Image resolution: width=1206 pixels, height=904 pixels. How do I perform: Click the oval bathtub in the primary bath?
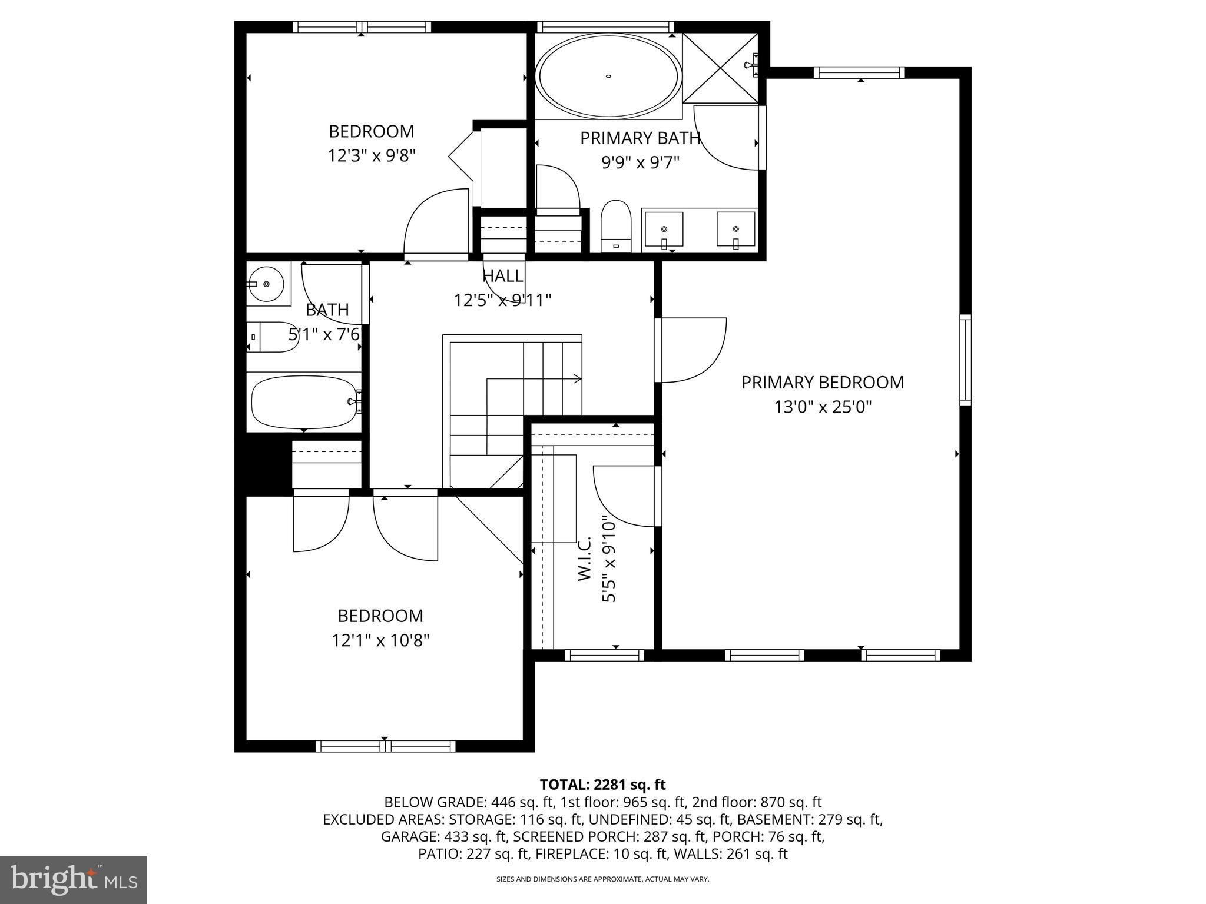(608, 75)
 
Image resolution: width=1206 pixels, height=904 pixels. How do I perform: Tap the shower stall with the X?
(720, 68)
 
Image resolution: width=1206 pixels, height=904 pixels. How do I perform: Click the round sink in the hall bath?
(267, 284)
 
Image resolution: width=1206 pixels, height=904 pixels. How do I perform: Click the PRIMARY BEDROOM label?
(822, 383)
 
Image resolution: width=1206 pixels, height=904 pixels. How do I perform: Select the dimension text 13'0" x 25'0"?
(822, 407)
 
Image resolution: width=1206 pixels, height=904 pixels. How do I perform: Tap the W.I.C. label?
(584, 559)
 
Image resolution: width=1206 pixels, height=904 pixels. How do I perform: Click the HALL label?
(502, 276)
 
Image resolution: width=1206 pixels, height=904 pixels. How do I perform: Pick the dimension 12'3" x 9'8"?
(372, 156)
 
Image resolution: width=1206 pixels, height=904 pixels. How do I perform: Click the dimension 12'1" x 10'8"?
(380, 640)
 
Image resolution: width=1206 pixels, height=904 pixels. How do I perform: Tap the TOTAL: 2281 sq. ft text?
(602, 785)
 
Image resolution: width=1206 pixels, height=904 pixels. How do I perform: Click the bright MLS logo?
(74, 880)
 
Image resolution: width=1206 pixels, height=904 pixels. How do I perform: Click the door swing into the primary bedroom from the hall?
(692, 350)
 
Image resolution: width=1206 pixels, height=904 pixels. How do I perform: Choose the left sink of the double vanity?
(664, 229)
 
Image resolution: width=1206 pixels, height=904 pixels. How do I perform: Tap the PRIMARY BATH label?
(640, 138)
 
